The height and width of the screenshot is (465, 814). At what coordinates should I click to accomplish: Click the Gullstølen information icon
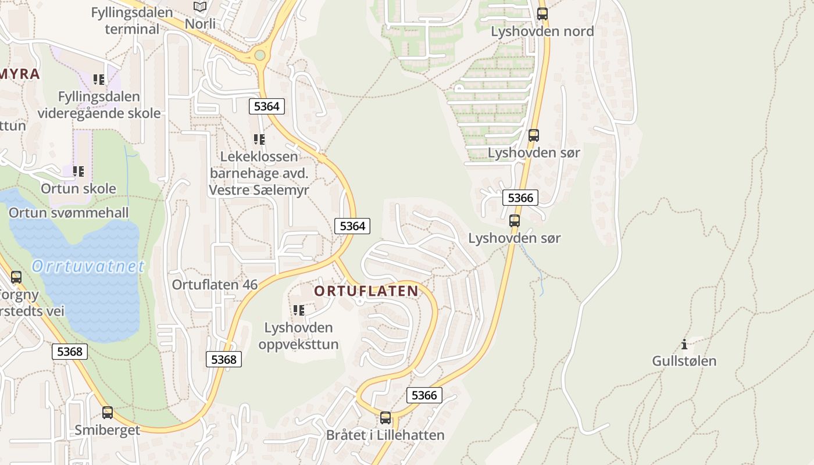[684, 345]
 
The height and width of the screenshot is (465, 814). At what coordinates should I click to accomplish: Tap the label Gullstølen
[684, 361]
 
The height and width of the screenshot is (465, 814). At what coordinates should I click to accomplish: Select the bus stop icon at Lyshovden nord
[542, 14]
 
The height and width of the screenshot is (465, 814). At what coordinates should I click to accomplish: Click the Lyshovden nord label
[542, 31]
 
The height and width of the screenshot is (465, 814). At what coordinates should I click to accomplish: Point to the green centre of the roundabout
[259, 55]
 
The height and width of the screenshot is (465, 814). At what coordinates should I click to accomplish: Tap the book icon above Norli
[200, 7]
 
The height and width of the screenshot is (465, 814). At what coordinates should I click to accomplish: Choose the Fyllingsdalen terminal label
[132, 20]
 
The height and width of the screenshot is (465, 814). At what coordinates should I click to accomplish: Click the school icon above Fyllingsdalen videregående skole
[99, 80]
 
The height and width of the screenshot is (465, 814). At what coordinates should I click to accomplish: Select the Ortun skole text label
[78, 189]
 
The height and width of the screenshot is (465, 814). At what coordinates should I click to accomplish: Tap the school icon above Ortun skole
[78, 171]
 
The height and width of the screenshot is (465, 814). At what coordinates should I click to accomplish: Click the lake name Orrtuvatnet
[88, 266]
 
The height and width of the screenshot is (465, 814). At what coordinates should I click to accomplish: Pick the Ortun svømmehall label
[69, 213]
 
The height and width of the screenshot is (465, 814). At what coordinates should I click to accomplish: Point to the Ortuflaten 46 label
[215, 285]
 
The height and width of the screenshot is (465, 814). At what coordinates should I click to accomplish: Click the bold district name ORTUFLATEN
[366, 291]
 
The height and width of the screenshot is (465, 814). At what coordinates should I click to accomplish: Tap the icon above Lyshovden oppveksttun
[299, 310]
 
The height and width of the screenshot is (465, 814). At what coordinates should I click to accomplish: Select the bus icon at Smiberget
[108, 413]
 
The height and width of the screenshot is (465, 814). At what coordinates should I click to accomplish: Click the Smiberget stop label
[108, 430]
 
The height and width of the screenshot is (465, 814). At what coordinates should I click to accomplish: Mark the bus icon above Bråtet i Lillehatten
[385, 418]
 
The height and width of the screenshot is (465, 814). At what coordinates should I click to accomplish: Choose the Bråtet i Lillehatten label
[385, 435]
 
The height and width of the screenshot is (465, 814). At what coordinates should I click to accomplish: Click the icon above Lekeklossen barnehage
[259, 139]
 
